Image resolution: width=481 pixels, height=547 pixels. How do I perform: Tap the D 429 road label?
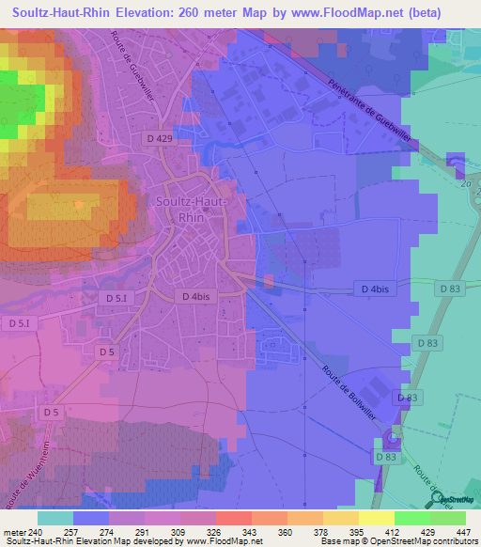(160, 138)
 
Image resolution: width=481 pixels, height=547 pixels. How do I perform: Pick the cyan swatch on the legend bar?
(55, 518)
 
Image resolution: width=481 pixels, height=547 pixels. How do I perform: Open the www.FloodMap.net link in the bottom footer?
(227, 541)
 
